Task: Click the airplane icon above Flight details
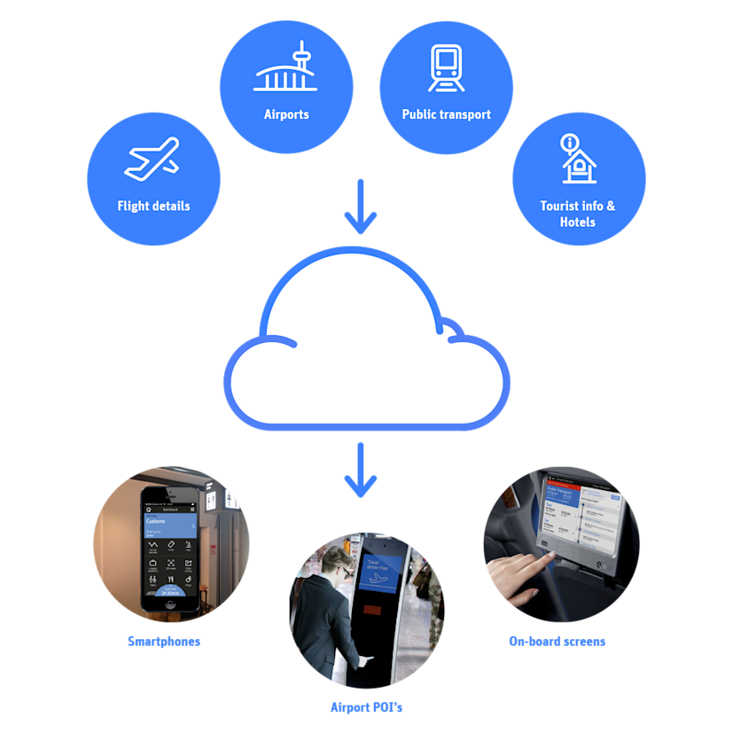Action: click(x=152, y=160)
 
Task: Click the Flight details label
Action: click(x=153, y=206)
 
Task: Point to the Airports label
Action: click(x=286, y=114)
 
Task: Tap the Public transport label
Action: click(x=446, y=114)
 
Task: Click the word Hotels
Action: click(x=578, y=222)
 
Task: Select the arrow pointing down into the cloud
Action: click(x=361, y=203)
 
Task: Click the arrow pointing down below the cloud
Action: click(x=361, y=470)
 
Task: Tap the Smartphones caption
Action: click(x=164, y=641)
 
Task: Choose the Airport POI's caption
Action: click(x=366, y=707)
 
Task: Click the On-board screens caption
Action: click(x=557, y=641)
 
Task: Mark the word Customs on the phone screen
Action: click(x=156, y=521)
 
